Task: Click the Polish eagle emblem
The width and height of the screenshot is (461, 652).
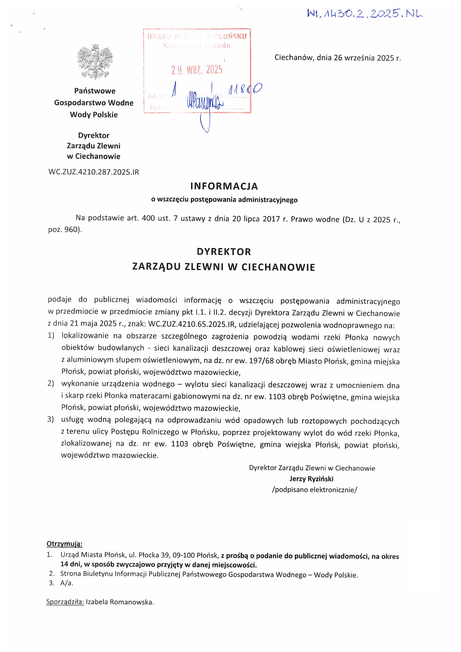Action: click(x=95, y=62)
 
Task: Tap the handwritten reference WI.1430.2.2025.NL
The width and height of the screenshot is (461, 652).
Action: click(x=365, y=13)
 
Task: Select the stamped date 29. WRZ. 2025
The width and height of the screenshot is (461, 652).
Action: click(x=197, y=69)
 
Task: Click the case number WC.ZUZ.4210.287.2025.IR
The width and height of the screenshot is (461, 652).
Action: click(x=94, y=172)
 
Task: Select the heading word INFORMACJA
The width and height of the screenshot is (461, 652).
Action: click(x=224, y=186)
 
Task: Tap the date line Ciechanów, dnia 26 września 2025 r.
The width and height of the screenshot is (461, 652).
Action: click(x=337, y=58)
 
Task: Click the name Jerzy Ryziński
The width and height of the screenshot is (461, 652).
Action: click(x=311, y=479)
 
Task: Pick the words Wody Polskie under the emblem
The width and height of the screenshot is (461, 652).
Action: click(x=94, y=115)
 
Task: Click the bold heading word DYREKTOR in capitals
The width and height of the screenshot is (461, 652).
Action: click(x=224, y=252)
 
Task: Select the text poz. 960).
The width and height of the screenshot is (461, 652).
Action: click(x=65, y=230)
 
